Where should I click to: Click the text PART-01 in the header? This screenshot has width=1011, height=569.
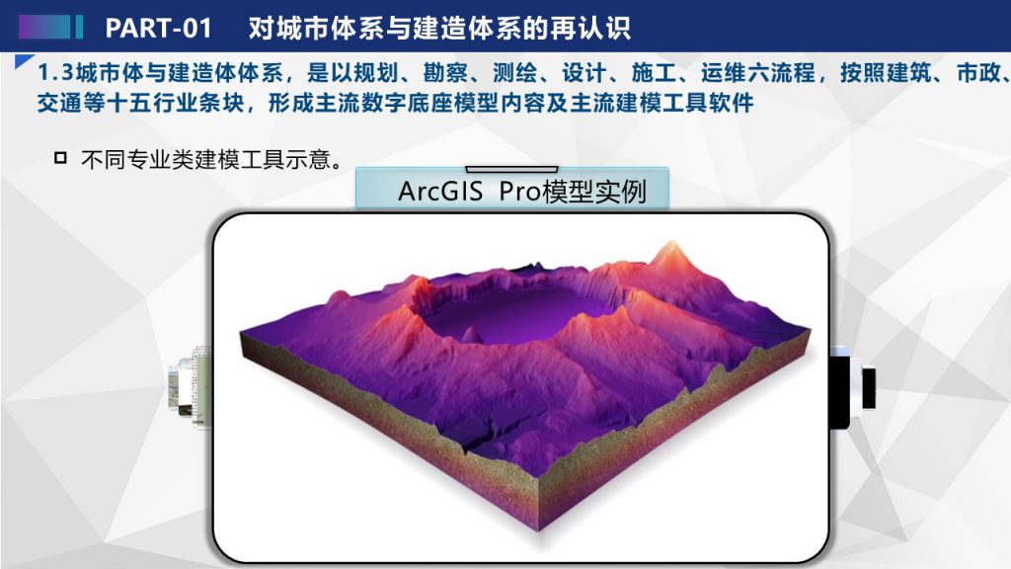(158, 28)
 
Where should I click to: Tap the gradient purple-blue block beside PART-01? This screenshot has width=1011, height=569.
(44, 27)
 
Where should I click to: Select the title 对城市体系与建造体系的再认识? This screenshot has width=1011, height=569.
(439, 28)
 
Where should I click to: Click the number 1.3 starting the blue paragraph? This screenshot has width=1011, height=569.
(55, 73)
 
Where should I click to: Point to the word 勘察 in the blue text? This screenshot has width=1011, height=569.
(445, 73)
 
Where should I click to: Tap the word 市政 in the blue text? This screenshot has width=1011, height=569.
(978, 73)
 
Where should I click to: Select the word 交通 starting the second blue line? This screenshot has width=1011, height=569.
(59, 103)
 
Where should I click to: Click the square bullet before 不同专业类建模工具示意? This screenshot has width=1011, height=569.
(60, 157)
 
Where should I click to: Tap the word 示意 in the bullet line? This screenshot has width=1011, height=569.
(308, 159)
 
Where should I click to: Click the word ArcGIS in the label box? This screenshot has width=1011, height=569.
(440, 191)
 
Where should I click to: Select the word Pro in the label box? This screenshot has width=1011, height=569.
(519, 191)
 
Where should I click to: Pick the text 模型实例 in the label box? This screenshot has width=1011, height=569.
(593, 191)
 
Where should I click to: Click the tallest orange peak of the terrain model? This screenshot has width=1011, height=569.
(672, 248)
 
